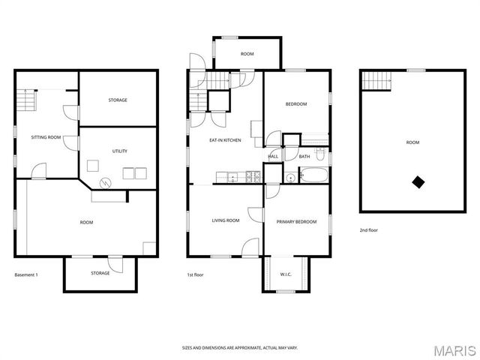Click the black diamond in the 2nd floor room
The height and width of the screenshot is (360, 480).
418,181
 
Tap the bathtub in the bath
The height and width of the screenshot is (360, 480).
313,177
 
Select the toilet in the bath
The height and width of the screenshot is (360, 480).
320,157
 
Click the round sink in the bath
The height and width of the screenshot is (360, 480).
289,178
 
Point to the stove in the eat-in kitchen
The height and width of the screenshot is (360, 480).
254,177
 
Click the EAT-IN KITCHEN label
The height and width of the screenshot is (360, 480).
225,140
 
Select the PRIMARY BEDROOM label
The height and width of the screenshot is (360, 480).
296,222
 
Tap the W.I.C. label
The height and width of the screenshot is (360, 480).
286,274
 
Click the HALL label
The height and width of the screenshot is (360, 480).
273,157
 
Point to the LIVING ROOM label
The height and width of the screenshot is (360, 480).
225,220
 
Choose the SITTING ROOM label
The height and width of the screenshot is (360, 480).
45,138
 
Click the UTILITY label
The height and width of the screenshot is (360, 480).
119,151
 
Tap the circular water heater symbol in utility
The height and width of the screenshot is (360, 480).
106,181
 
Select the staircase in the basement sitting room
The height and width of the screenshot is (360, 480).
28,101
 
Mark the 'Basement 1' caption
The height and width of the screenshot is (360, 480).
26,274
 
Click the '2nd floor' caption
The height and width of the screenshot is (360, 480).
368,230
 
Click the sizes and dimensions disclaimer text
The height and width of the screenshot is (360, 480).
239,348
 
